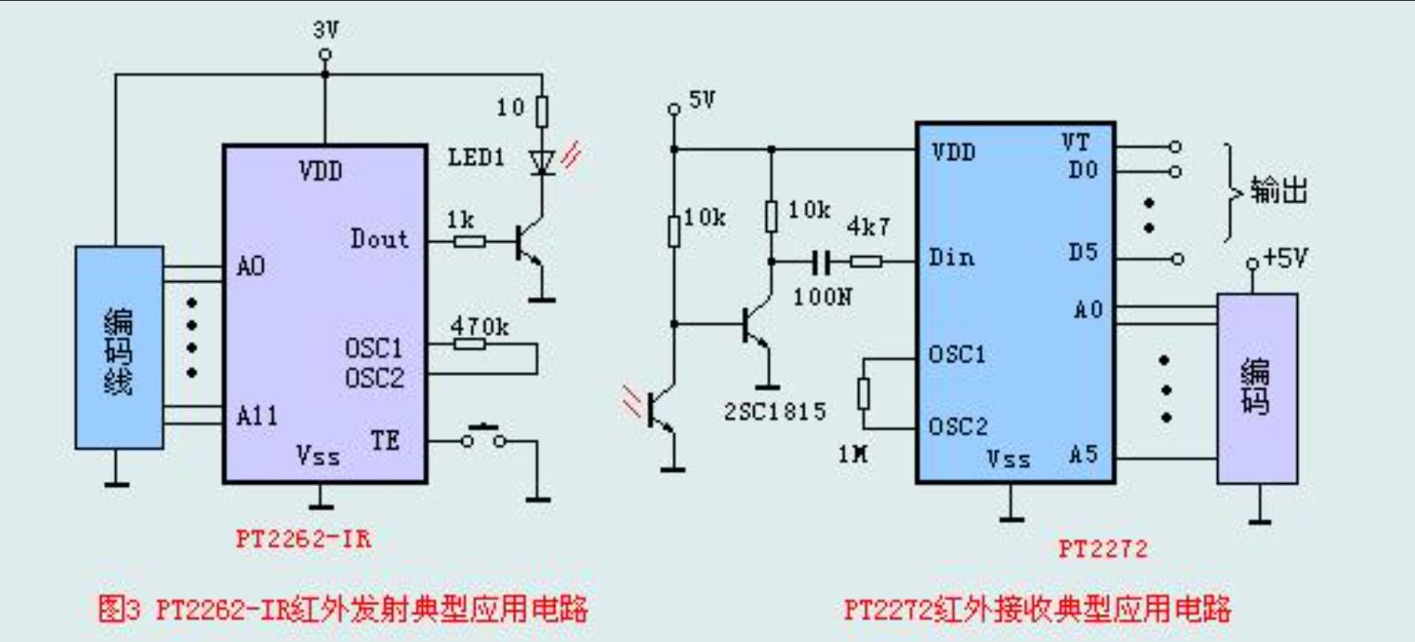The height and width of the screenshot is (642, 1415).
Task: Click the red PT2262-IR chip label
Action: tap(303, 538)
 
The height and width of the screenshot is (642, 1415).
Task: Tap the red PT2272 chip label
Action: tap(1103, 549)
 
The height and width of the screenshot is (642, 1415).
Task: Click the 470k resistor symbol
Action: tap(470, 344)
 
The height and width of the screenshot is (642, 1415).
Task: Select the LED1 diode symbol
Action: tap(542, 161)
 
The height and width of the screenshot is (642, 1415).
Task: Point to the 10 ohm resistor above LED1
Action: tap(542, 111)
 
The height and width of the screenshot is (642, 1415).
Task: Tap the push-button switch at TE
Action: tap(484, 437)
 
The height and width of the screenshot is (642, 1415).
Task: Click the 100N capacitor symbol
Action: tap(822, 262)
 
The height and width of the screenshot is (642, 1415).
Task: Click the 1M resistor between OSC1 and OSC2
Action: tap(864, 394)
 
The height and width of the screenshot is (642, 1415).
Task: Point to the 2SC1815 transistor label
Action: tap(775, 411)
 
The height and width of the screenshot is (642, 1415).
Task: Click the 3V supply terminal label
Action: tap(325, 30)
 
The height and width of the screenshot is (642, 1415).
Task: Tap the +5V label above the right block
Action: tap(1285, 258)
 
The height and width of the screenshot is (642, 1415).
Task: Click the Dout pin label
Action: tap(379, 239)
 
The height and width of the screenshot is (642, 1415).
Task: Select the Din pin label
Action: tap(951, 258)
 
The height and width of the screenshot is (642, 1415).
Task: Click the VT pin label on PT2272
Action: tap(1075, 143)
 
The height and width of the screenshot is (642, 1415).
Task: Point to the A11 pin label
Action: tap(257, 415)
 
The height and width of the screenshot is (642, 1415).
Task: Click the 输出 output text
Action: tap(1278, 190)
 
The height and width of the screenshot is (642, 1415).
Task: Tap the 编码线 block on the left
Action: tap(119, 348)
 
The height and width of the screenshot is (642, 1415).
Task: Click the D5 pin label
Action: tap(1083, 253)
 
